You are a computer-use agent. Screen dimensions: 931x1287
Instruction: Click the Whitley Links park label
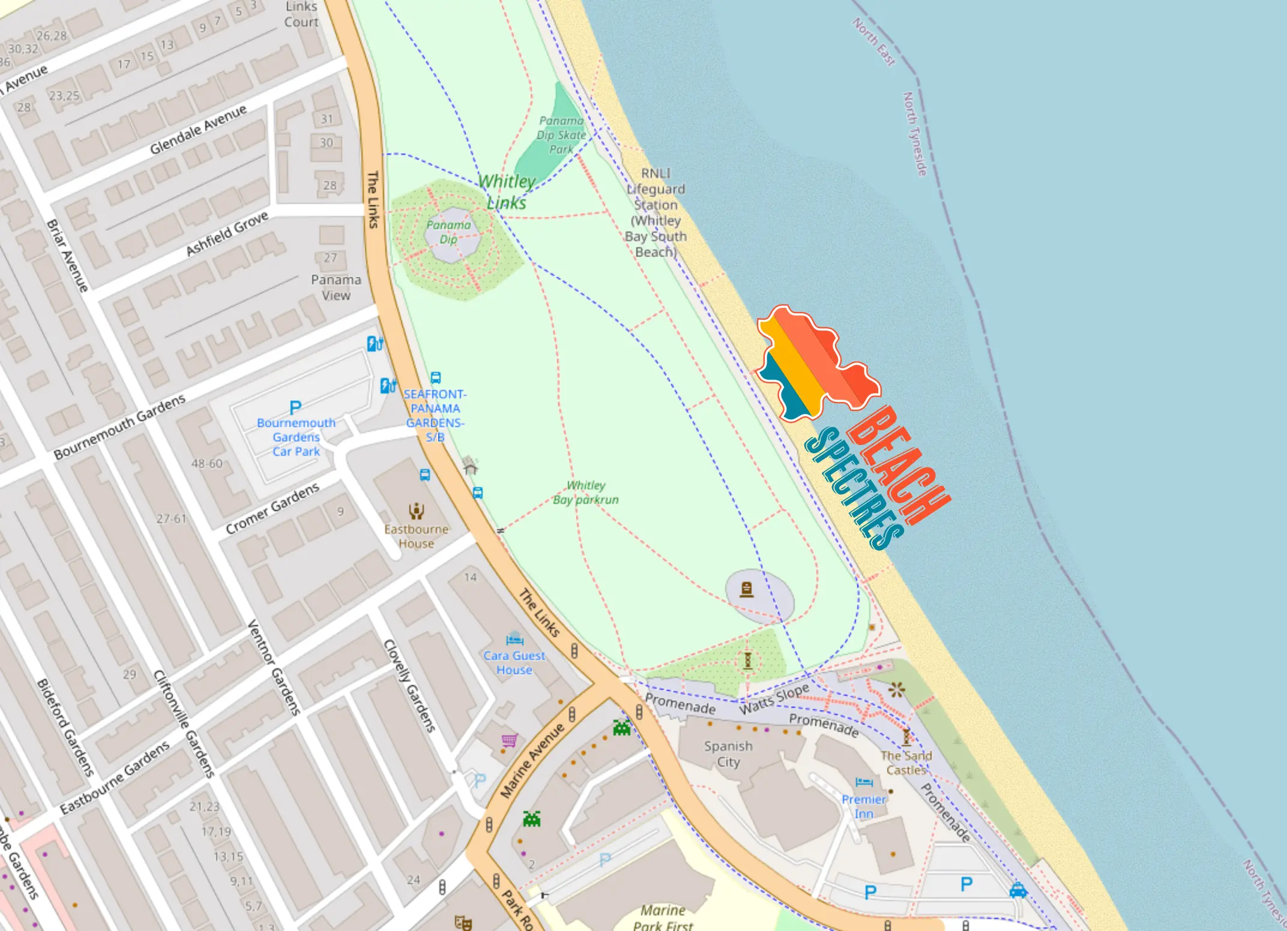click(506, 192)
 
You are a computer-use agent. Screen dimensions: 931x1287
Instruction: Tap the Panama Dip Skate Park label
click(561, 135)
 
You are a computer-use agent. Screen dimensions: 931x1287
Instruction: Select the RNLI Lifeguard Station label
click(656, 212)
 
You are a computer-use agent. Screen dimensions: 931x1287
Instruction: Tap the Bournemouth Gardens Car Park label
click(296, 437)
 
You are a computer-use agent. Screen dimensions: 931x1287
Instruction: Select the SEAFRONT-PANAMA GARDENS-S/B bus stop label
click(435, 415)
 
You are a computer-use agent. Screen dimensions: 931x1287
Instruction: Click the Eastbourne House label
click(417, 536)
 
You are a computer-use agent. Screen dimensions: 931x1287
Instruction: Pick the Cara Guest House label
click(514, 662)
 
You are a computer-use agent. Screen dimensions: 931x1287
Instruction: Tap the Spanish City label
click(728, 753)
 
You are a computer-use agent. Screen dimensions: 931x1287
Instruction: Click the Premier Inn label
click(864, 806)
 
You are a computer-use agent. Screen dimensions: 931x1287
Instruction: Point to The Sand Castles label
click(906, 762)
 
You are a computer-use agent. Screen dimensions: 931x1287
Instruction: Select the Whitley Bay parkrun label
click(586, 492)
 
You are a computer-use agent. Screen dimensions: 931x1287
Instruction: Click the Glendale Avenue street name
click(198, 129)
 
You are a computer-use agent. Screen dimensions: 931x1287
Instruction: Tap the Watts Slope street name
click(774, 699)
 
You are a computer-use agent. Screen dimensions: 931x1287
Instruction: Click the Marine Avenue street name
click(532, 761)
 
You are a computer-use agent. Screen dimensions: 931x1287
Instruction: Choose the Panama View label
click(336, 287)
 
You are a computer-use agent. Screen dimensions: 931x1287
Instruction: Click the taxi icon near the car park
click(1018, 890)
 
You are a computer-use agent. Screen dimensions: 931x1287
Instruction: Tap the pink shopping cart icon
click(509, 741)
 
